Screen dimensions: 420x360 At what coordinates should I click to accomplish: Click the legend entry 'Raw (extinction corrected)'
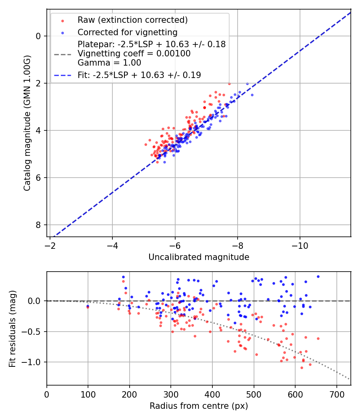click(132, 20)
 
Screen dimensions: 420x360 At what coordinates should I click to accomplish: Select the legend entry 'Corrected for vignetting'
click(127, 32)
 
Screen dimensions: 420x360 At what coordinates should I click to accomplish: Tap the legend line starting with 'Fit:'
click(139, 75)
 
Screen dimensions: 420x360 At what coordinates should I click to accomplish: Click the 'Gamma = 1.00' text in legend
click(109, 62)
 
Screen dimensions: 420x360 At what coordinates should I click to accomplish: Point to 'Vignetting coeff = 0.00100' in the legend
click(134, 53)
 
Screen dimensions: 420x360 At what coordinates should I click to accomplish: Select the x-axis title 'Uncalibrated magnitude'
click(199, 257)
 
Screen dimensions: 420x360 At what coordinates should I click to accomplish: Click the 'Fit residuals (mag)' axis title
click(12, 328)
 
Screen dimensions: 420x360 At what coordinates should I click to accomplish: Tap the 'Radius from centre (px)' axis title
click(199, 406)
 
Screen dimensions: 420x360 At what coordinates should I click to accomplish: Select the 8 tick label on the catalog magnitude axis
click(39, 225)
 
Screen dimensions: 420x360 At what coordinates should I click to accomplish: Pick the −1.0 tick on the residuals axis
click(34, 362)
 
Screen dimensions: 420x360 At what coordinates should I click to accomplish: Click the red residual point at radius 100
click(88, 307)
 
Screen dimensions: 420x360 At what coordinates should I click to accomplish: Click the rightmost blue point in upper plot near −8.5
click(252, 95)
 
